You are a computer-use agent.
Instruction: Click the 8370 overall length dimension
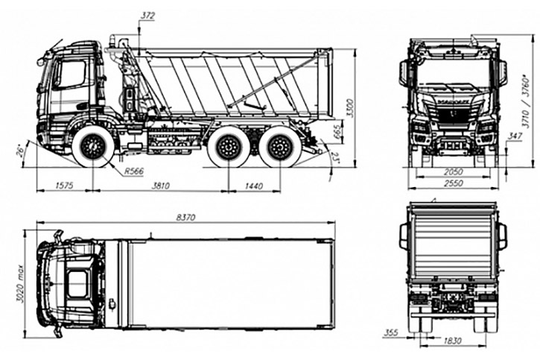(x=185, y=217)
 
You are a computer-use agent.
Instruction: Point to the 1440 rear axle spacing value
(x=253, y=186)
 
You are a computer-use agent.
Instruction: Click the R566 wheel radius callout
(x=134, y=171)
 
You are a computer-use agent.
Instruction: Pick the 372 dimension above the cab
(x=147, y=15)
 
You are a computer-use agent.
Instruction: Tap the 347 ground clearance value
(x=513, y=136)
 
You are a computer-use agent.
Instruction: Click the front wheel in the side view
(x=94, y=147)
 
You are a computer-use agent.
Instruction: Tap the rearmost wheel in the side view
(x=281, y=147)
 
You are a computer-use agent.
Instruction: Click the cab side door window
(x=73, y=75)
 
